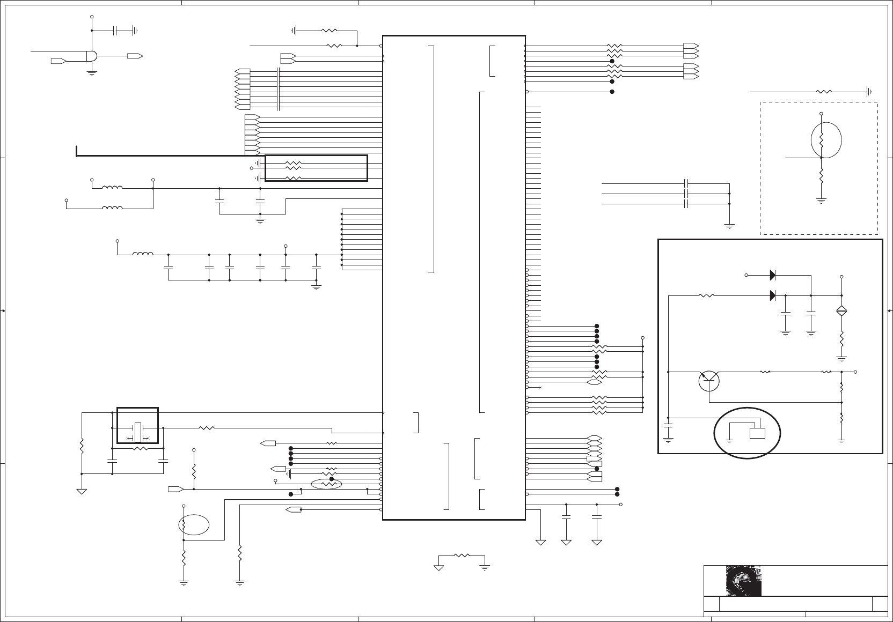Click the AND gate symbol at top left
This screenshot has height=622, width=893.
[92, 56]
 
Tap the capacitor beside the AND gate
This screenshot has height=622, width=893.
[115, 31]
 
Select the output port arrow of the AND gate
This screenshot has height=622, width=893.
[135, 56]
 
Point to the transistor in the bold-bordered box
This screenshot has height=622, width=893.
[709, 381]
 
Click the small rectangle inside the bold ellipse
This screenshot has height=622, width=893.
[757, 433]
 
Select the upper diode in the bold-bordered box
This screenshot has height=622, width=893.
[773, 275]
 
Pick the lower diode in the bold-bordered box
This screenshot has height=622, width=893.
[773, 295]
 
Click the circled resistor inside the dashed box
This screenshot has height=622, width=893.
[822, 140]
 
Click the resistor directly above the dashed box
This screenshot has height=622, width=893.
[824, 92]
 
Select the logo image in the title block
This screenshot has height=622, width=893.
[743, 581]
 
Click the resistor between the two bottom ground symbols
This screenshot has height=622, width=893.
[462, 556]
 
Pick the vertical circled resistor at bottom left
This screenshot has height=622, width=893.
[184, 524]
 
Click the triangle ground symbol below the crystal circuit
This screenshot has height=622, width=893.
[82, 491]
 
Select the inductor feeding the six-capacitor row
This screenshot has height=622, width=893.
[143, 254]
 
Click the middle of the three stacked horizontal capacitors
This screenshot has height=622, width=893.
[687, 194]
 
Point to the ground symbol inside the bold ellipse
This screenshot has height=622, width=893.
[730, 440]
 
